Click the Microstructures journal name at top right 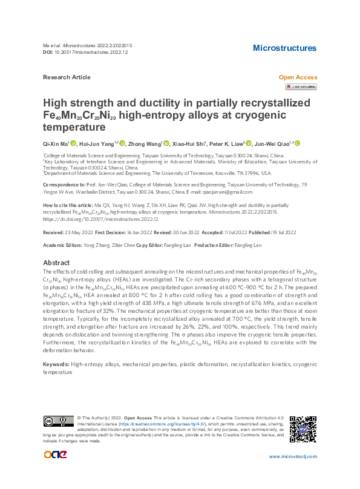[284, 48]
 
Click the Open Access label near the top [297, 77]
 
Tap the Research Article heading [67, 77]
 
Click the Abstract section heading [56, 263]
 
